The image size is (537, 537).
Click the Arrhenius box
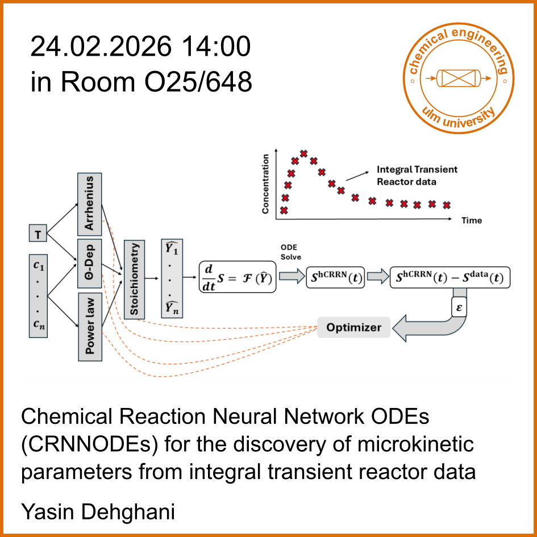pos(90,204)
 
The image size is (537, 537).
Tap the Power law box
pos(90,326)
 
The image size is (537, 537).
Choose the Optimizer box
pos(353,327)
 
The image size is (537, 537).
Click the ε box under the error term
pos(459,307)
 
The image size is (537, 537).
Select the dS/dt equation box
pos(238,277)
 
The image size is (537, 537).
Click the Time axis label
pos(472,220)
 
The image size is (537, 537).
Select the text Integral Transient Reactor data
pos(417,175)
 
